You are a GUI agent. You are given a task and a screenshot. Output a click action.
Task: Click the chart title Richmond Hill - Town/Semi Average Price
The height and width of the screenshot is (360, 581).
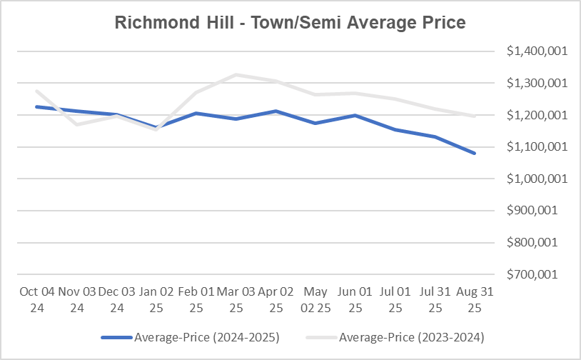coord(290,23)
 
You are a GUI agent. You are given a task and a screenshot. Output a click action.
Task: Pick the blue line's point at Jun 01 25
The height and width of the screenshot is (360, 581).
coord(355,115)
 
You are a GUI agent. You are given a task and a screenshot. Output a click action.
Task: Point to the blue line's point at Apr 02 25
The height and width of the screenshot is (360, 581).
coord(275,111)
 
